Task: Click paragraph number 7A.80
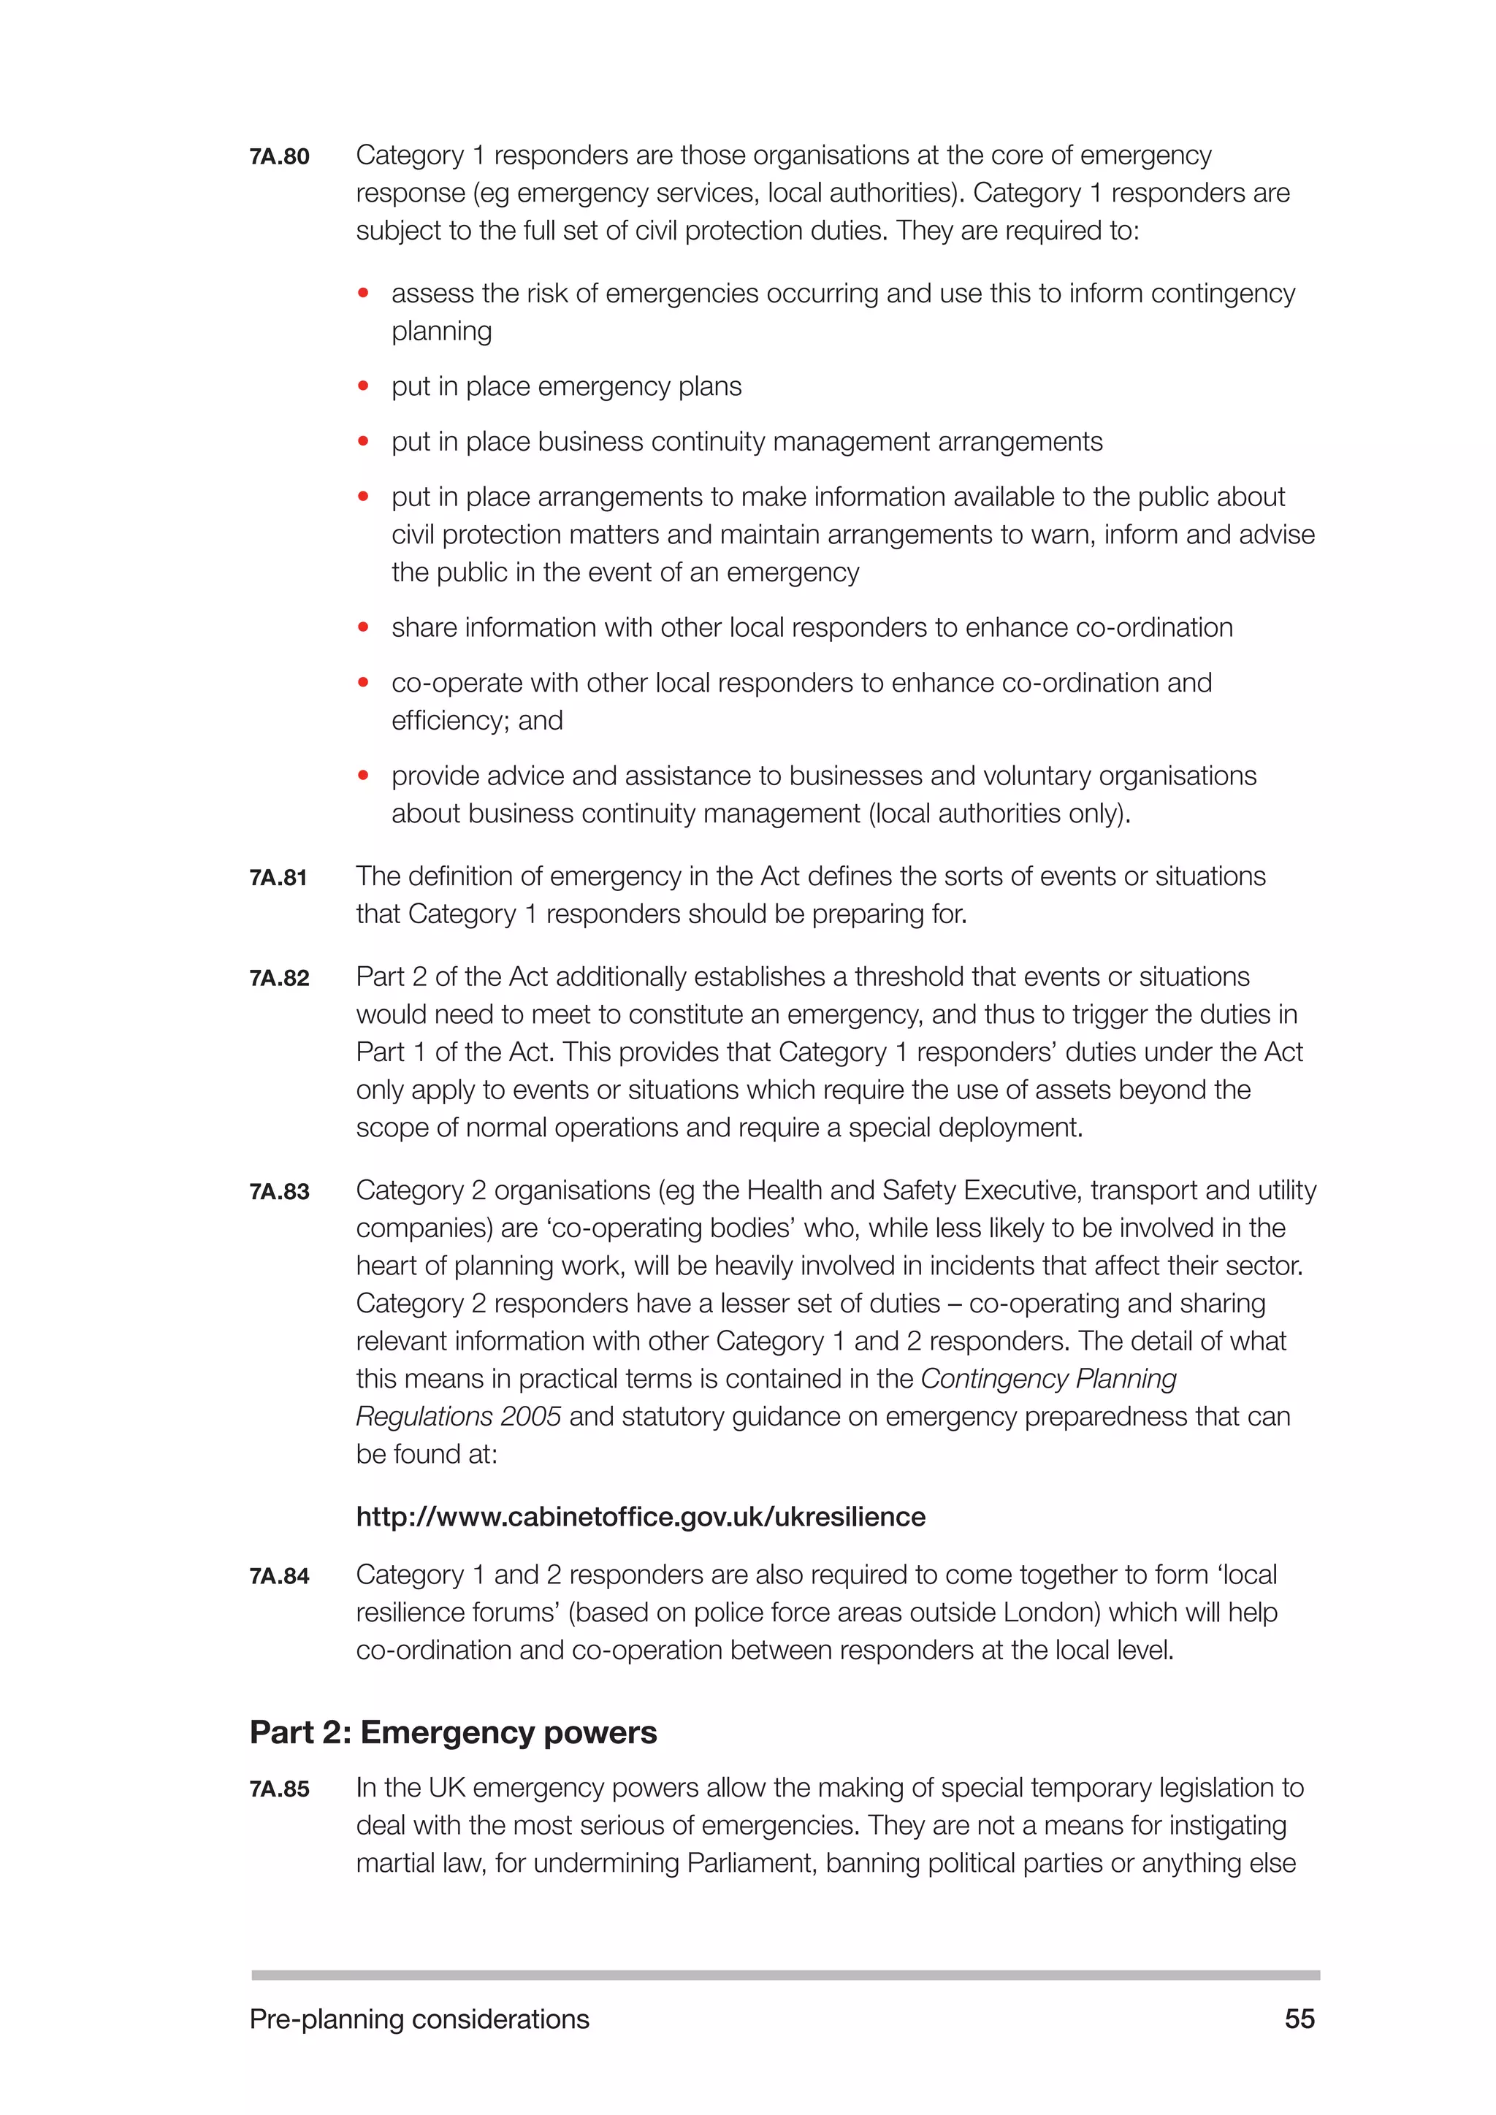pyautogui.click(x=279, y=156)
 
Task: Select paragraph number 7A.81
pyautogui.click(x=278, y=878)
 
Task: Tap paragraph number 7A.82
pyautogui.click(x=279, y=979)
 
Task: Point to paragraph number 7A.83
pyautogui.click(x=279, y=1192)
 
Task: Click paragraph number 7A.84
pyautogui.click(x=279, y=1576)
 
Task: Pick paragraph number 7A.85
pyautogui.click(x=279, y=1789)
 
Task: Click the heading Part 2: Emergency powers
pyautogui.click(x=453, y=1733)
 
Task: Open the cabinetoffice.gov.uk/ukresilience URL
pyautogui.click(x=640, y=1517)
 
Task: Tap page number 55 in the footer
pyautogui.click(x=1299, y=2019)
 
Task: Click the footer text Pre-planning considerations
pyautogui.click(x=419, y=2019)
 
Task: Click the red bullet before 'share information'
pyautogui.click(x=364, y=627)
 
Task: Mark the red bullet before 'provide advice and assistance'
pyautogui.click(x=364, y=776)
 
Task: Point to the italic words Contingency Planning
pyautogui.click(x=1048, y=1379)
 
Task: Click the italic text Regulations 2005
pyautogui.click(x=458, y=1417)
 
